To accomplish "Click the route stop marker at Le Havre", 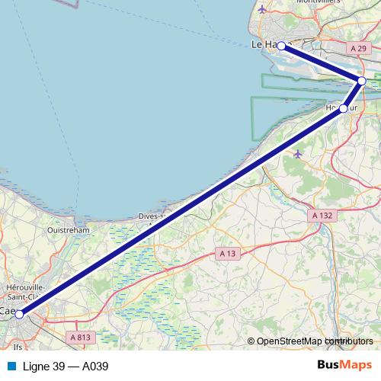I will coord(281,46).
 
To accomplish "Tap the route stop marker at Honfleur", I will coord(344,108).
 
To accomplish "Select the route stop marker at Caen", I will coord(19,314).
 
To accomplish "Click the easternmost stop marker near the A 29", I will coord(362,81).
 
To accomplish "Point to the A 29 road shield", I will coord(358,47).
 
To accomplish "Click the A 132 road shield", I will coord(322,216).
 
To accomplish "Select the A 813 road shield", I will coord(80,336).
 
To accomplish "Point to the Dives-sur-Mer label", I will coord(152,216).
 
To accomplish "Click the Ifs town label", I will coord(18,347).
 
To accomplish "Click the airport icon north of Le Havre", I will coord(263,10).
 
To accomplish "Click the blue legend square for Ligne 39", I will coord(11,367).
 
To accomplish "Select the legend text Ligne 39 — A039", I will coord(66,367).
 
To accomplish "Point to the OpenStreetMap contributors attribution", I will coord(314,341).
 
